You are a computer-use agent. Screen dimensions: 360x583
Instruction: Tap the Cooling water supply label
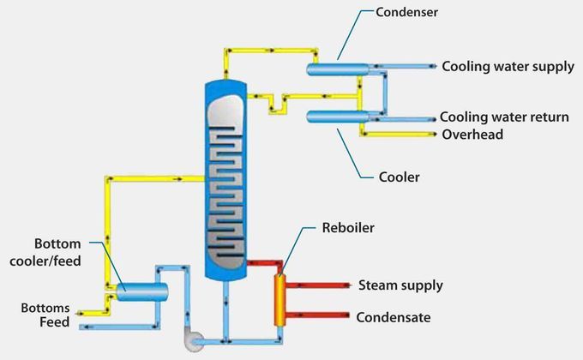pos(508,66)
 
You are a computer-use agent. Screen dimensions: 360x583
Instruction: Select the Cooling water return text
pos(503,117)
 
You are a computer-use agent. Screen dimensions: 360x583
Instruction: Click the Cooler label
pos(399,177)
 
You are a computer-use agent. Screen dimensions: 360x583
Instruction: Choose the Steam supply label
pos(400,285)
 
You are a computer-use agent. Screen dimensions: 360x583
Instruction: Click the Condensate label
pos(394,317)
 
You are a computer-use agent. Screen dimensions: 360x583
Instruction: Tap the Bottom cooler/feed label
pos(58,250)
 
